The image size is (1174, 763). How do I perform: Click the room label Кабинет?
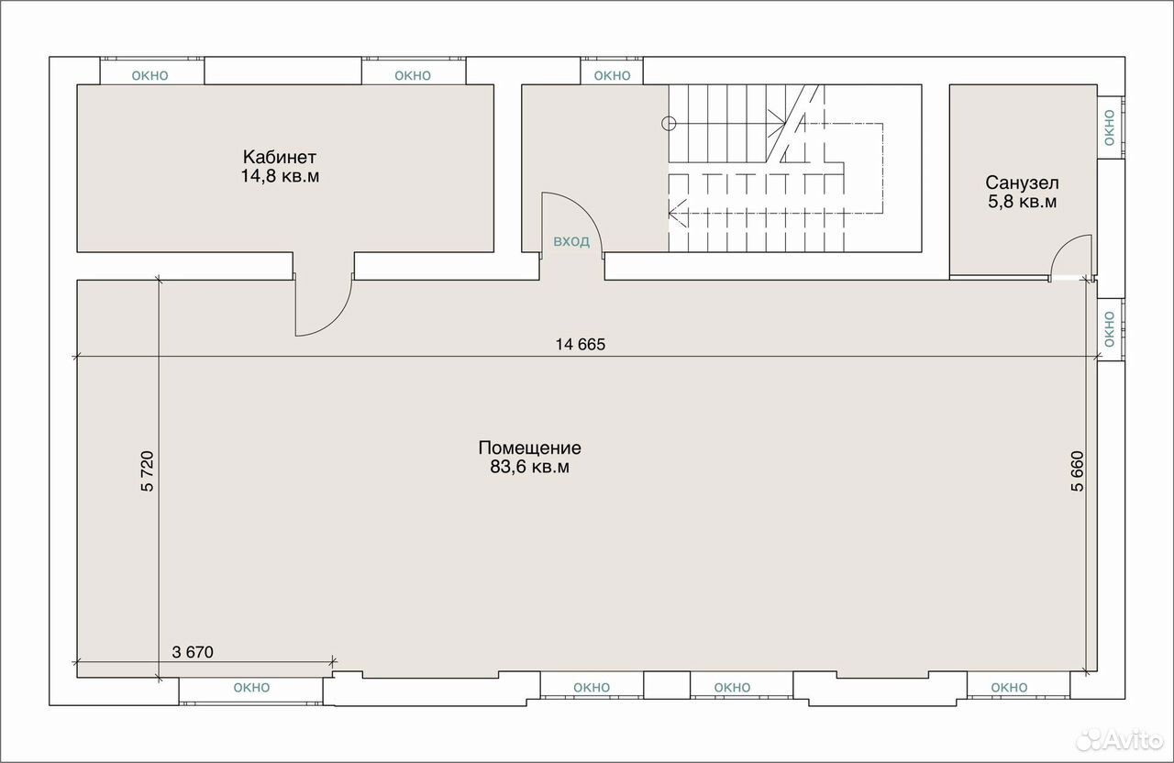[x=280, y=157]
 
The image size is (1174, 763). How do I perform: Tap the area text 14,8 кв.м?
[x=280, y=176]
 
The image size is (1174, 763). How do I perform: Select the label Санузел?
[x=1022, y=182]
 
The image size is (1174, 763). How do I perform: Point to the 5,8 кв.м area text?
[x=1022, y=202]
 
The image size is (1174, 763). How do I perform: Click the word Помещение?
[x=529, y=448]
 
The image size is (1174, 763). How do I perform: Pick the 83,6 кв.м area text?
[x=529, y=467]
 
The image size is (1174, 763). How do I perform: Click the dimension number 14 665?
[x=581, y=344]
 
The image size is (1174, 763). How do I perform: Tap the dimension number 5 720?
[x=148, y=470]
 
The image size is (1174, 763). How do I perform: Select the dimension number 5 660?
[x=1077, y=470]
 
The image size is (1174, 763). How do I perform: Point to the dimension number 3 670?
[x=193, y=652]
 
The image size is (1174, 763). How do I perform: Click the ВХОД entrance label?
[x=571, y=241]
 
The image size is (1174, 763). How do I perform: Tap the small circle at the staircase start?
[x=669, y=124]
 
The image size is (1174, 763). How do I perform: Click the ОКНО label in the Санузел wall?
[x=1109, y=127]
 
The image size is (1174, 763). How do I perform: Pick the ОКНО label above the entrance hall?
[x=612, y=75]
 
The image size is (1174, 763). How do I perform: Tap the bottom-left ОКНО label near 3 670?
[x=251, y=687]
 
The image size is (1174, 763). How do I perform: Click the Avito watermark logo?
[x=1118, y=739]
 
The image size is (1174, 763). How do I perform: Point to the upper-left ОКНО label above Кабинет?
[x=150, y=75]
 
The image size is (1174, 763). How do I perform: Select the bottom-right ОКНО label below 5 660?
[x=1009, y=687]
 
